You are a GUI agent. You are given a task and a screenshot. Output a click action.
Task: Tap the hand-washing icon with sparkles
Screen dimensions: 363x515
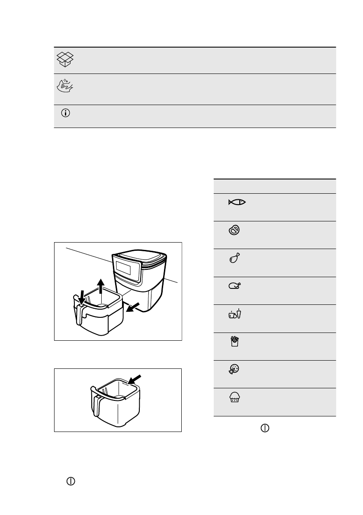[x=66, y=87]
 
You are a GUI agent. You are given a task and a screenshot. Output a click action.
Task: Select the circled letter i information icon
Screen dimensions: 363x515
[x=66, y=113]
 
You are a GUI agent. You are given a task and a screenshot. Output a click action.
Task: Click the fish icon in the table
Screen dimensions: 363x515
[x=238, y=202]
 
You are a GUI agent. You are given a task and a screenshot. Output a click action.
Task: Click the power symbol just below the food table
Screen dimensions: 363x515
[x=265, y=428]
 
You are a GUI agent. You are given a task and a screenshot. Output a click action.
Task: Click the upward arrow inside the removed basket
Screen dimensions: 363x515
[x=100, y=286]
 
